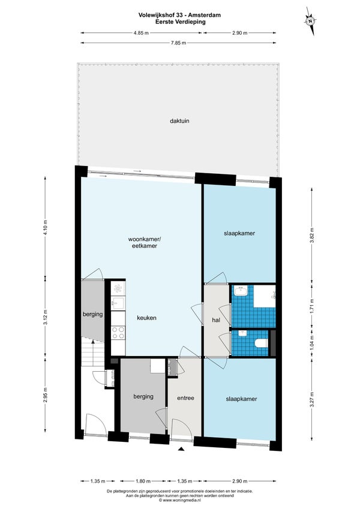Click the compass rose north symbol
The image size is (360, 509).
[x=310, y=21]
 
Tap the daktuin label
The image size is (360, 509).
[x=179, y=121]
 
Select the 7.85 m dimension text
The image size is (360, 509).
[x=178, y=43]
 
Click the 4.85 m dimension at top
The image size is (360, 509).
[x=141, y=33]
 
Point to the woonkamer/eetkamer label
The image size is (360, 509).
[x=145, y=242]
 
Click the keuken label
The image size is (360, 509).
[x=146, y=318]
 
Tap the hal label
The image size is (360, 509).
[x=216, y=320]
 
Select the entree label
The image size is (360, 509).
[x=185, y=398]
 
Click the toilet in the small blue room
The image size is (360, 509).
[x=262, y=343]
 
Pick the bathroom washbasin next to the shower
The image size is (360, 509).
[x=241, y=290]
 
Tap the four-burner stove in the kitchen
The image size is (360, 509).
[x=118, y=332]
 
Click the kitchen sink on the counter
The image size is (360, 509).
[x=118, y=303]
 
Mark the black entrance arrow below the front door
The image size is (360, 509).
[x=181, y=449]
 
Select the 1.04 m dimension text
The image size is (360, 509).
[x=312, y=344]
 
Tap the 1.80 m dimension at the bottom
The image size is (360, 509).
[x=143, y=481]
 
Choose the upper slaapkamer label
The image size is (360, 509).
[x=239, y=233]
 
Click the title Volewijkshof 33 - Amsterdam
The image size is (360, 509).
[x=179, y=15]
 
